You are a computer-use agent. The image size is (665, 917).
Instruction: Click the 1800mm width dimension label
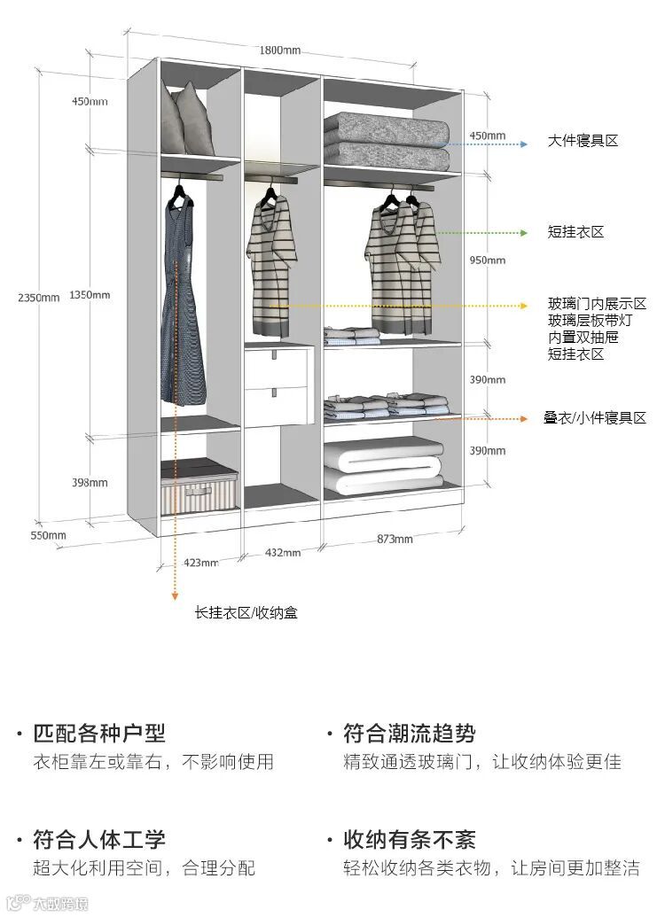click(279, 50)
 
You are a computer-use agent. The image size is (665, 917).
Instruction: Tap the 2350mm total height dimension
click(38, 297)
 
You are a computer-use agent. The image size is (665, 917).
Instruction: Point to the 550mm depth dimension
click(49, 535)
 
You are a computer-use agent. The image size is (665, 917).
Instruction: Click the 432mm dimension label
click(283, 552)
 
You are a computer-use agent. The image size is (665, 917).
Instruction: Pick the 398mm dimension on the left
click(90, 482)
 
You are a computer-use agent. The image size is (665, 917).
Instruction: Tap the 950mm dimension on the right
click(487, 260)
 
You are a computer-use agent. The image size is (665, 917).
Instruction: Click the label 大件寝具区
click(583, 141)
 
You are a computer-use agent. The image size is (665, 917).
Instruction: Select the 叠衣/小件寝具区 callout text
click(595, 418)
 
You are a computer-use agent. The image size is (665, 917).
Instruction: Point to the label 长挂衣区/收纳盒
click(246, 612)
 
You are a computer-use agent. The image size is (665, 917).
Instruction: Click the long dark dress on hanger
click(183, 301)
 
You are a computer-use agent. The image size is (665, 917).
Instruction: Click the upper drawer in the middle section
click(278, 365)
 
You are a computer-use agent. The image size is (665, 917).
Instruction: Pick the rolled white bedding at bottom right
click(383, 468)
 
